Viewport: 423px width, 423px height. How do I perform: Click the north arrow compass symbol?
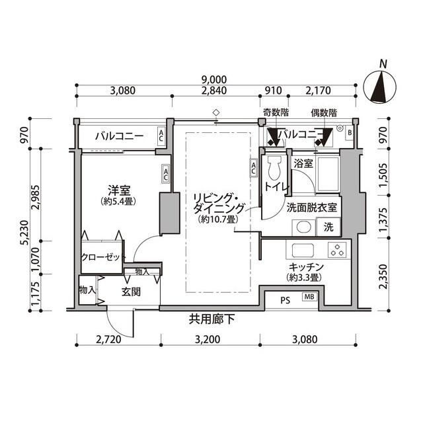tap(381, 86)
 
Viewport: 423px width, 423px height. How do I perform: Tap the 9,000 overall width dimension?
tap(215, 77)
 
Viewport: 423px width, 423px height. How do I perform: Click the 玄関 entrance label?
tap(130, 291)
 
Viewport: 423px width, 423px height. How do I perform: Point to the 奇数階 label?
tap(275, 113)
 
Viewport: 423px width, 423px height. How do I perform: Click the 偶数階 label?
tap(324, 113)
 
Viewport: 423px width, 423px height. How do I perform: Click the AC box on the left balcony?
tap(161, 136)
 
